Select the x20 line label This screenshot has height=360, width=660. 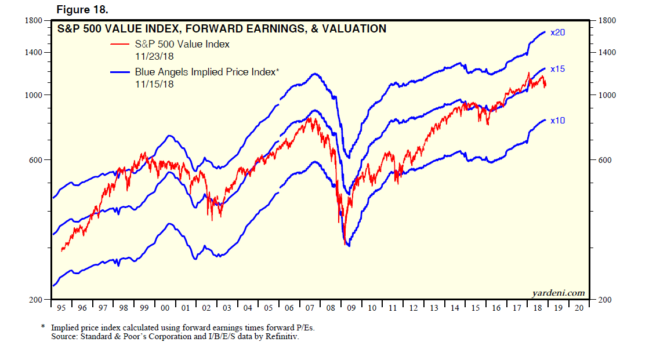(x=557, y=32)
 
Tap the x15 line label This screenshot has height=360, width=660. (x=557, y=69)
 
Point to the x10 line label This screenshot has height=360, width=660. (x=557, y=120)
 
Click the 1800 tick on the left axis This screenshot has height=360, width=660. (x=34, y=20)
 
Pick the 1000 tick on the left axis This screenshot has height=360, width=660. (x=34, y=95)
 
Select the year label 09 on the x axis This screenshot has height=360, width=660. (x=352, y=308)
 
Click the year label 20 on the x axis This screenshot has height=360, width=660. (x=578, y=308)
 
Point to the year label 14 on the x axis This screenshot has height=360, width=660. (x=455, y=308)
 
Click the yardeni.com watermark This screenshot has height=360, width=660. (x=558, y=293)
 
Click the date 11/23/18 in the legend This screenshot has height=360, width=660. (x=155, y=56)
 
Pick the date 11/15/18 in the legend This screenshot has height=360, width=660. (x=155, y=84)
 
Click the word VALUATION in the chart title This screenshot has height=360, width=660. (x=357, y=28)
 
